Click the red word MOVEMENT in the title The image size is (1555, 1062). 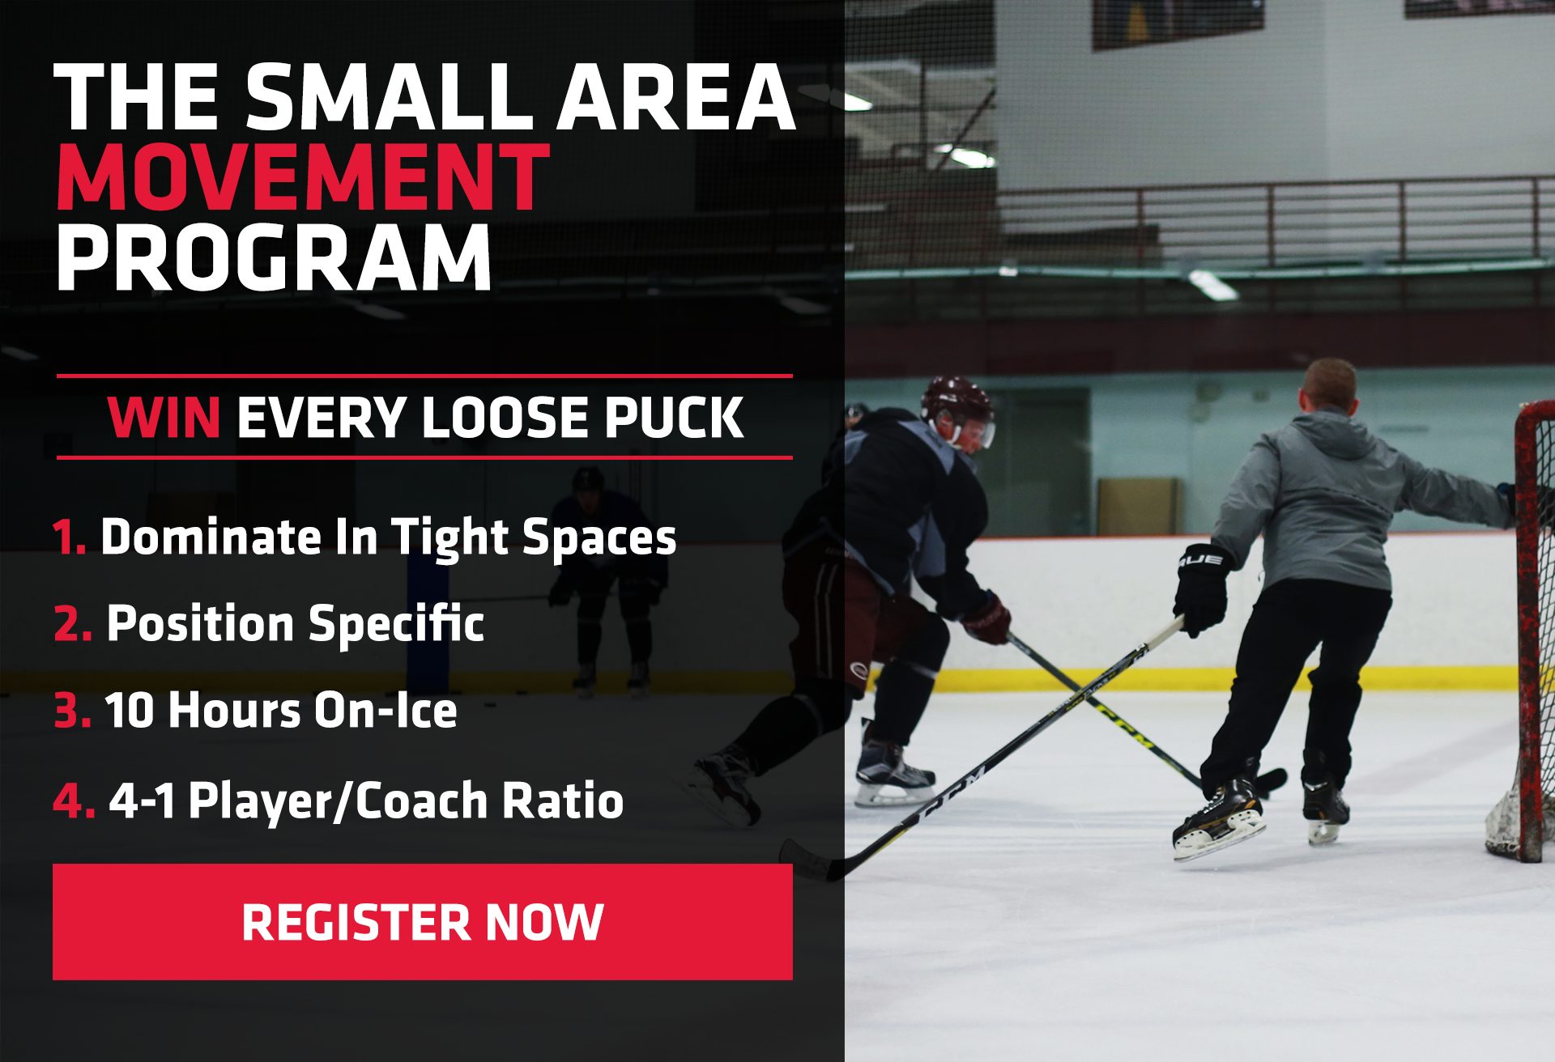[x=303, y=177]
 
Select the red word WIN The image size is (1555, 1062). [x=164, y=418]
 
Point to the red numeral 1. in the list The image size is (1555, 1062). [x=70, y=537]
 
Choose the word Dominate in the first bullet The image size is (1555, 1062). [x=211, y=537]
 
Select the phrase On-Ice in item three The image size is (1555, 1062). [x=386, y=710]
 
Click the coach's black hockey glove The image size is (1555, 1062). [x=1202, y=588]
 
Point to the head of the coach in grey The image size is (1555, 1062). [x=1328, y=388]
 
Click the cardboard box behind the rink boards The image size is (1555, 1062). [x=1137, y=505]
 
